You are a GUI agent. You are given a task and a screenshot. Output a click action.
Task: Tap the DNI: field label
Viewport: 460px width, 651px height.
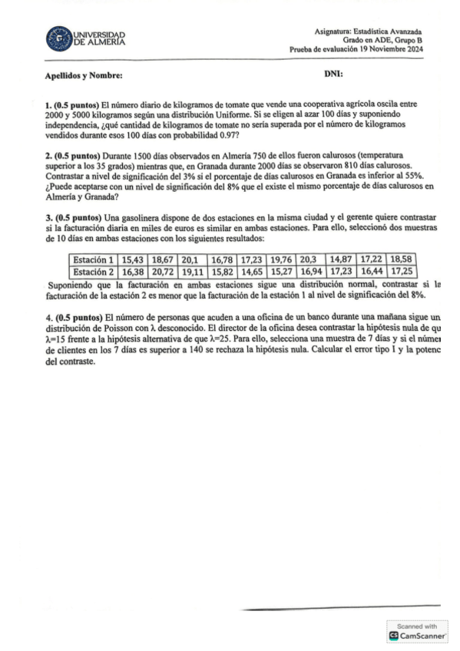click(x=334, y=74)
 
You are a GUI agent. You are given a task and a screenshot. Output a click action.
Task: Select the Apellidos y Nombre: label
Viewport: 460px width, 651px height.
click(x=84, y=75)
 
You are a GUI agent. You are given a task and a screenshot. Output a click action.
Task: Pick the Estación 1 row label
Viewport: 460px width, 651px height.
click(x=94, y=259)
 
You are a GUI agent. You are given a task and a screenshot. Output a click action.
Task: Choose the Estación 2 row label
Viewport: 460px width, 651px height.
click(x=94, y=271)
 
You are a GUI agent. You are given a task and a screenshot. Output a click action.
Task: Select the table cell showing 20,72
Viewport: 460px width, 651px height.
click(x=163, y=271)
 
